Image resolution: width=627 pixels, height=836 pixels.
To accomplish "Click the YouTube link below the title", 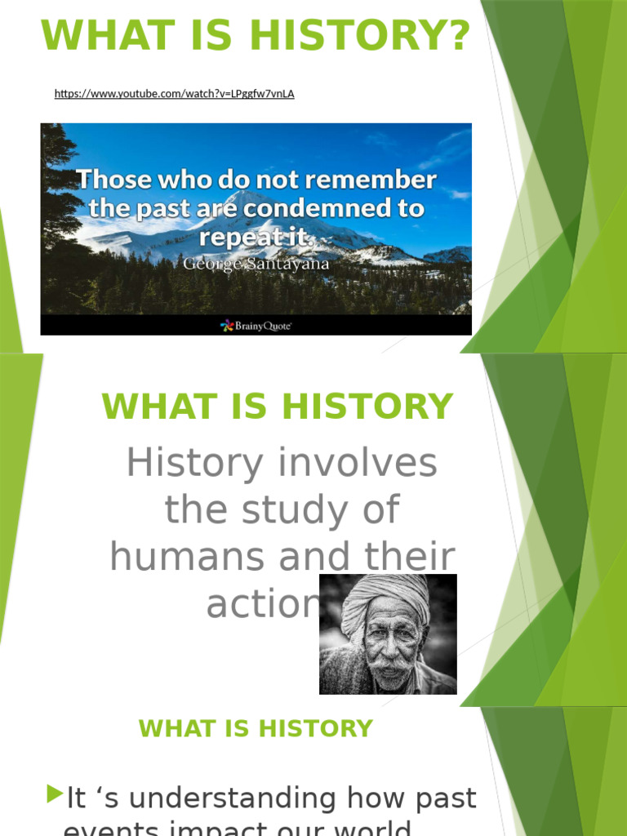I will [x=174, y=94].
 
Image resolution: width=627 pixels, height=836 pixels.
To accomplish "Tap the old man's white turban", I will [x=385, y=601].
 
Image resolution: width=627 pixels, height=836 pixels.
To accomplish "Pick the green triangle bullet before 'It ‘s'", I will [x=55, y=793].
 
